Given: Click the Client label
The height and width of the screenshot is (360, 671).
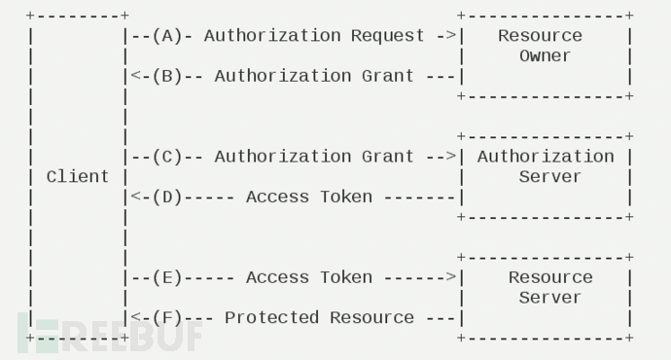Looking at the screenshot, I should pyautogui.click(x=78, y=177).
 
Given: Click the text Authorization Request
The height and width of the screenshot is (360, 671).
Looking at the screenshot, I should pyautogui.click(x=314, y=36).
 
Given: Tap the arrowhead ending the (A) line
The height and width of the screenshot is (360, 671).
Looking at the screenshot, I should pyautogui.click(x=451, y=36).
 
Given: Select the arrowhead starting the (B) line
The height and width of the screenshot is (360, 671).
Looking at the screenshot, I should pyautogui.click(x=134, y=76).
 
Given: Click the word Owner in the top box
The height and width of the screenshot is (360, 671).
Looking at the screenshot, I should pyautogui.click(x=545, y=56).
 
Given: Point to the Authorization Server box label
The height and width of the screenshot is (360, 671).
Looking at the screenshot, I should pyautogui.click(x=545, y=166).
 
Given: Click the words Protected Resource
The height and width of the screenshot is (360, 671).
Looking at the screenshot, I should pyautogui.click(x=319, y=318).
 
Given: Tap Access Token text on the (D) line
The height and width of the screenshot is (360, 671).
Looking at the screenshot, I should pyautogui.click(x=308, y=198).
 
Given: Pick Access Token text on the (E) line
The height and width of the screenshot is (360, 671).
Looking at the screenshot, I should pyautogui.click(x=308, y=277).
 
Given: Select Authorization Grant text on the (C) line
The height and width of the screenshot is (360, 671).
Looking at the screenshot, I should pyautogui.click(x=314, y=157).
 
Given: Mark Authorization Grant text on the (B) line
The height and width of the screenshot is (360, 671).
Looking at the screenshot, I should pyautogui.click(x=314, y=76).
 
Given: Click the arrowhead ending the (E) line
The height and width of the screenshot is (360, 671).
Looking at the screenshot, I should pyautogui.click(x=451, y=277).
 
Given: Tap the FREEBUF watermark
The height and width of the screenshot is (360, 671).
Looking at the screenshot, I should pyautogui.click(x=112, y=334).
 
